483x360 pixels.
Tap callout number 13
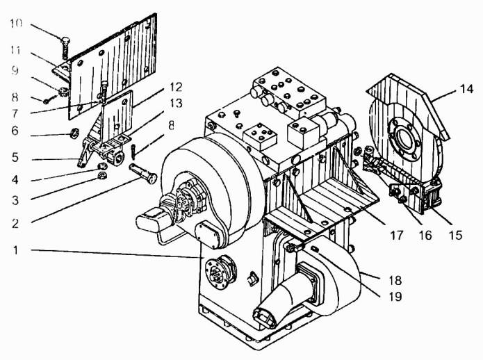(174, 103)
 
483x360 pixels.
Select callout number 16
(424, 235)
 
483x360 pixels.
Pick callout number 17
(396, 235)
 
